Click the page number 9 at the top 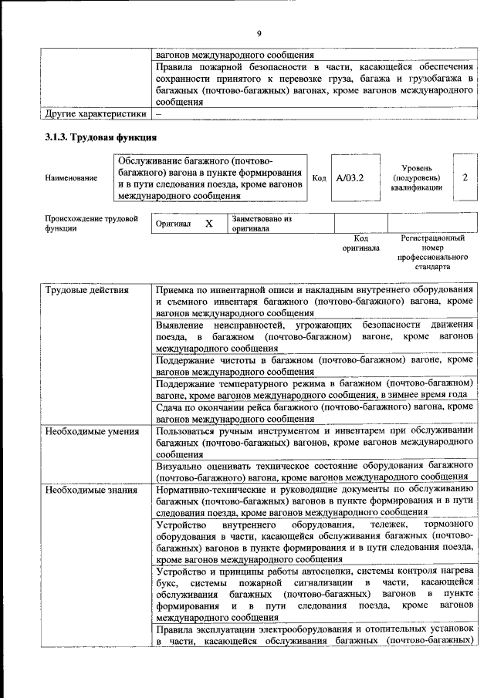pos(259,32)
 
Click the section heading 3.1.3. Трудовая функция pos(101,138)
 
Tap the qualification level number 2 pos(465,177)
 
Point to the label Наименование pos(72,178)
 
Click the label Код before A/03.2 pos(319,178)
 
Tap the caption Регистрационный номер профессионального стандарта pos(432,254)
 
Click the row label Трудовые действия pos(86,290)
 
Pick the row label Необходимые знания pos(91,490)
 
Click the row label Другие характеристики pos(95,114)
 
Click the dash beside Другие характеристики pos(158,114)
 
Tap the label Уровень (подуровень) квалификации pos(417,177)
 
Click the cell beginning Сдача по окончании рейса pos(313,412)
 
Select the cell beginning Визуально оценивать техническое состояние pos(313,472)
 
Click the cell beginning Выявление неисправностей pos(313,337)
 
